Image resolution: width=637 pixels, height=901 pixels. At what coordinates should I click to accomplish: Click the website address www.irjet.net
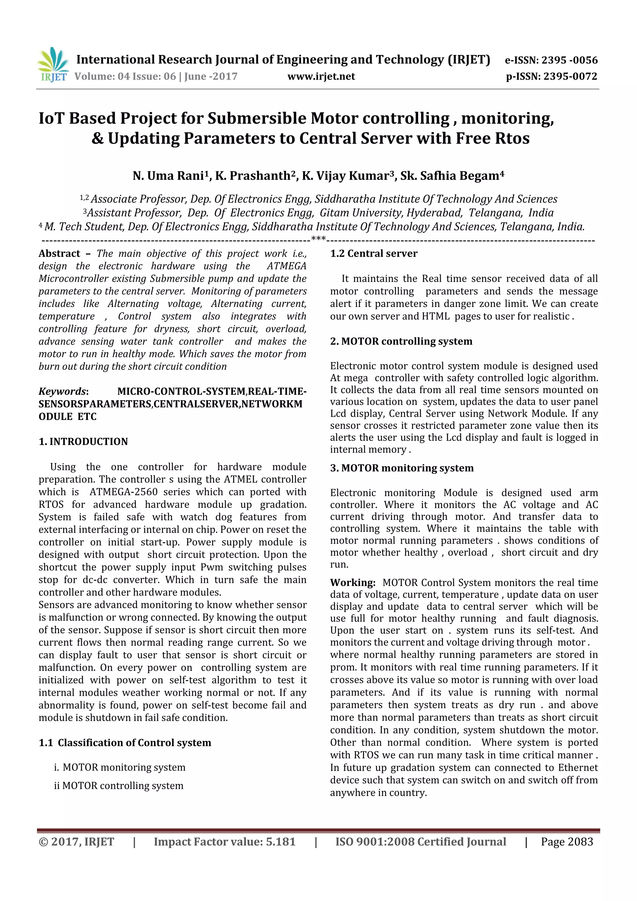tap(321, 77)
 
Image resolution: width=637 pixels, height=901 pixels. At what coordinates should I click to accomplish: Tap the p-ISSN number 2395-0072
tap(570, 77)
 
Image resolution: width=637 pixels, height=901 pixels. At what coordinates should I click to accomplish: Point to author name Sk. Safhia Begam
tap(451, 176)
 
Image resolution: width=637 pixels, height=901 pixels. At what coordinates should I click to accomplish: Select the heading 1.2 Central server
tap(374, 253)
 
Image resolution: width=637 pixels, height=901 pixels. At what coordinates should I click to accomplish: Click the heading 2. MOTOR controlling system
tap(401, 341)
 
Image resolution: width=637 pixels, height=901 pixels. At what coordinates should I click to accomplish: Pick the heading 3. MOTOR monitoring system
tap(402, 468)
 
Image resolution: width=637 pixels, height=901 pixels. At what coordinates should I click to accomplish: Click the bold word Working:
tap(352, 582)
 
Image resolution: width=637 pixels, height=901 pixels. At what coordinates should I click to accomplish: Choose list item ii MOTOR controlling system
tap(119, 785)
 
